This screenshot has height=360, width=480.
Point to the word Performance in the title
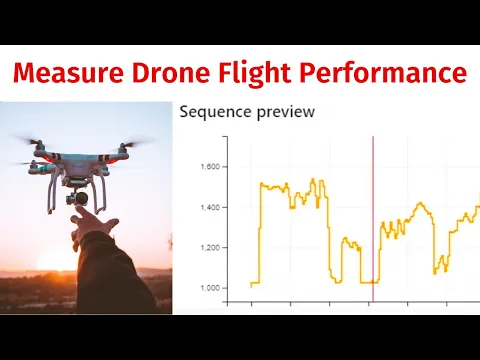(x=386, y=74)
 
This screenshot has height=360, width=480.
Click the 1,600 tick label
(x=213, y=166)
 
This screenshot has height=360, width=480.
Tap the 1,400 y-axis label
(x=213, y=207)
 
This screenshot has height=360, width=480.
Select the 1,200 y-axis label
(x=213, y=247)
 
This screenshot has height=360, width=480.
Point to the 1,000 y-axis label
(x=213, y=288)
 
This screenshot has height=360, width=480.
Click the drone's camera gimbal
(x=72, y=196)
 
